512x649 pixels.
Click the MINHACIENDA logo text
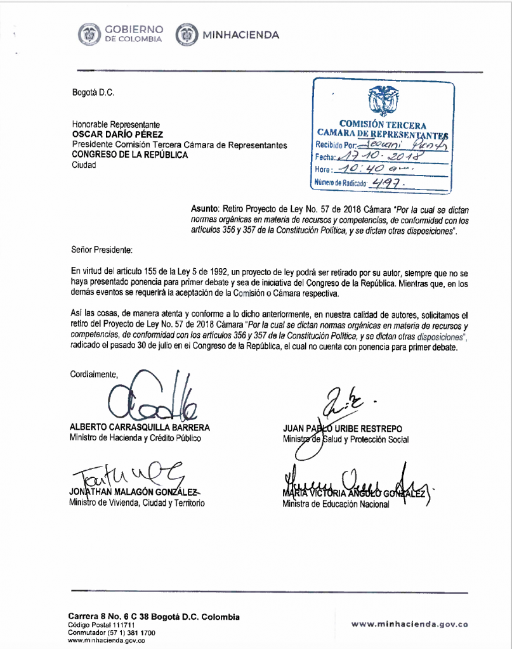point(240,35)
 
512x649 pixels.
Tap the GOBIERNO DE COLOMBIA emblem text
point(134,34)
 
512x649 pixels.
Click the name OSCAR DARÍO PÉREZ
point(117,134)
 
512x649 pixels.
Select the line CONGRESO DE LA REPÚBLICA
point(129,155)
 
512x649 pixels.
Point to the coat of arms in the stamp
point(383,101)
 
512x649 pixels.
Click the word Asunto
point(204,208)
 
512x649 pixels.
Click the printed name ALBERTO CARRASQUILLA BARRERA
point(140,428)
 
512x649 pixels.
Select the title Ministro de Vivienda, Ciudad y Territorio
point(138,503)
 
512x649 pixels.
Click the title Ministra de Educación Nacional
point(336,504)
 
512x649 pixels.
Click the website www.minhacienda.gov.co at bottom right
point(410,624)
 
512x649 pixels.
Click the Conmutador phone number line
point(111,633)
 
